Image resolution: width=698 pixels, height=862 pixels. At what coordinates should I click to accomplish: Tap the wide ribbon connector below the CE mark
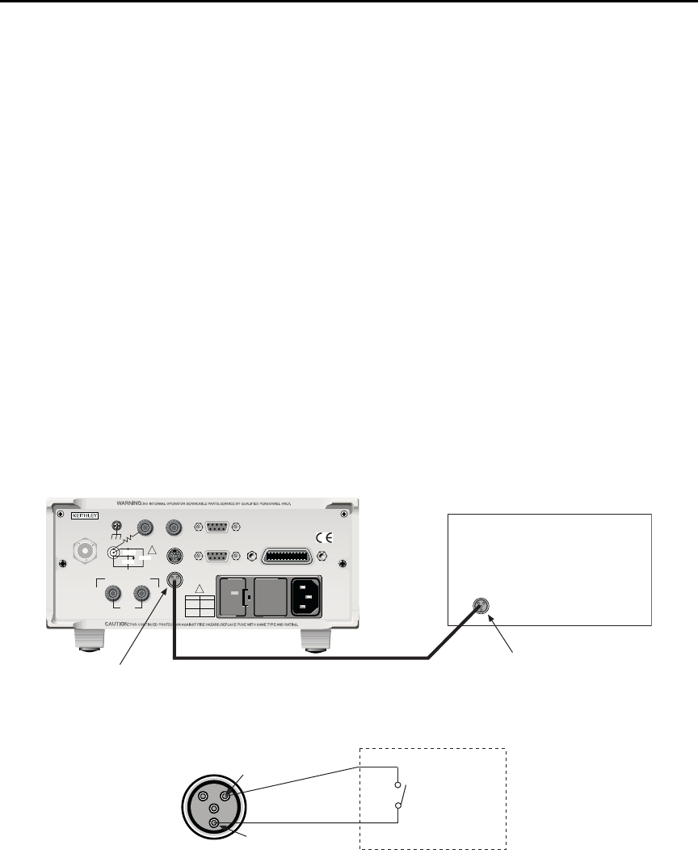pos(287,556)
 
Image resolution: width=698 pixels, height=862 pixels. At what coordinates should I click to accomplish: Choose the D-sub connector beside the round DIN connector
pos(214,556)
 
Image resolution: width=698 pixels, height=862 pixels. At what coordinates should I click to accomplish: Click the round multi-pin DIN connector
pos(172,556)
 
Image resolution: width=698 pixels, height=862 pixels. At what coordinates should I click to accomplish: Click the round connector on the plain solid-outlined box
pos(481,608)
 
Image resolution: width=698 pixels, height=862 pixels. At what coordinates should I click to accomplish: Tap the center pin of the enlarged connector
pos(214,807)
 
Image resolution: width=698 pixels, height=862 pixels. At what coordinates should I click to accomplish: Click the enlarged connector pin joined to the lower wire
pos(215,823)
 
